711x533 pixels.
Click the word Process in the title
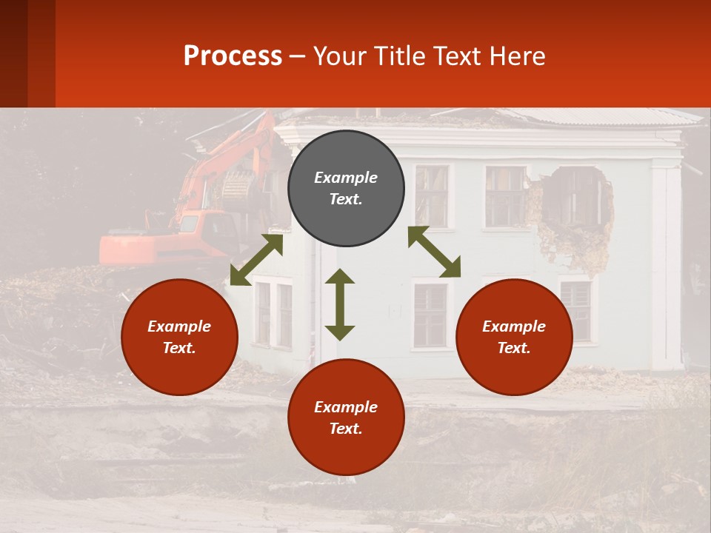pos(233,56)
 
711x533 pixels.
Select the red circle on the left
pos(179,337)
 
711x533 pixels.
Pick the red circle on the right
pos(514,337)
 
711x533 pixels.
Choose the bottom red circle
pos(346,418)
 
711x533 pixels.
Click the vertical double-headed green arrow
pos(340,304)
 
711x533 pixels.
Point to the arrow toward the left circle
pos(256,260)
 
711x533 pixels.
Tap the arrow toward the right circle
pos(434,252)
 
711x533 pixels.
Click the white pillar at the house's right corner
pos(666,266)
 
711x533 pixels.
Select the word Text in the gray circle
pos(346,199)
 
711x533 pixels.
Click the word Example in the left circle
pos(179,326)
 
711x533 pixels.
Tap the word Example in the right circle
pos(514,326)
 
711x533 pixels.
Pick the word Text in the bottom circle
pos(346,429)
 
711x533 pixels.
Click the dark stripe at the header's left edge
pos(13,53)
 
